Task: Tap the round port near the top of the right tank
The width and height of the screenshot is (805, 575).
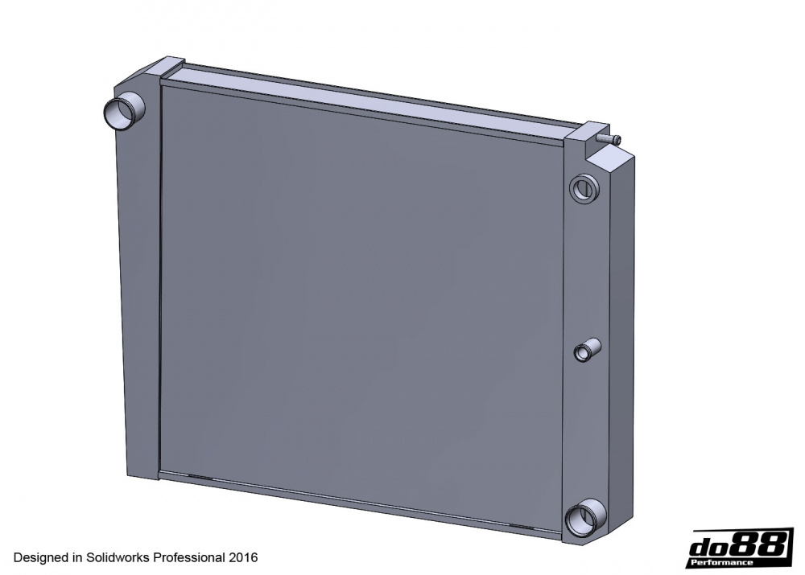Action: (583, 189)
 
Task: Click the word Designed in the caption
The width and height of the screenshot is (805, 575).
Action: (40, 557)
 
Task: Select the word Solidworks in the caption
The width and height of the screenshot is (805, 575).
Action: (118, 557)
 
